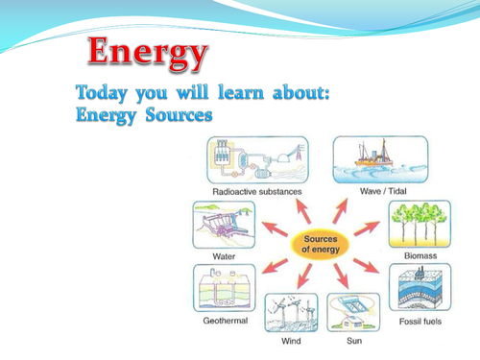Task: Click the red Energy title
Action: pyautogui.click(x=148, y=55)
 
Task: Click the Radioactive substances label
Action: pyautogui.click(x=256, y=191)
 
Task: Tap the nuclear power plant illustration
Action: pyautogui.click(x=254, y=159)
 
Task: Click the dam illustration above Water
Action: pyautogui.click(x=224, y=227)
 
